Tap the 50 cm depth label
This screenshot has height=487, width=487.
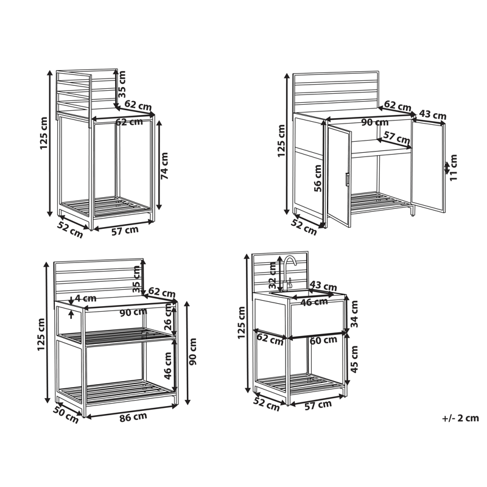tap(65, 414)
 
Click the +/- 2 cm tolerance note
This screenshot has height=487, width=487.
tap(461, 418)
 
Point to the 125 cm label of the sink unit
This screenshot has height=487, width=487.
tap(242, 323)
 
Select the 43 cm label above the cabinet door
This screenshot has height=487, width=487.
tap(432, 114)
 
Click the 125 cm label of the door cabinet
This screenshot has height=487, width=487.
tap(281, 141)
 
